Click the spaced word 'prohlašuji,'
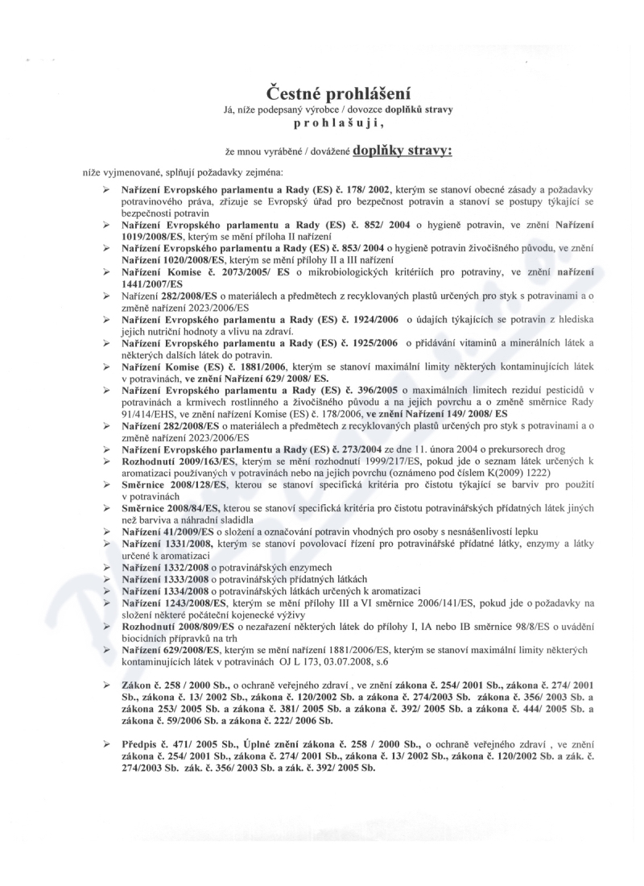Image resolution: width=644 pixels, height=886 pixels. point(321,126)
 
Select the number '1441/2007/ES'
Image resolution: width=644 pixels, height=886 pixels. point(152,285)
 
